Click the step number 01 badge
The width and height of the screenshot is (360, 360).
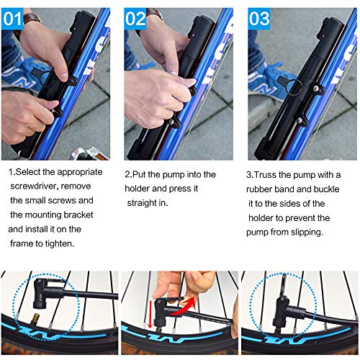[x=12, y=19]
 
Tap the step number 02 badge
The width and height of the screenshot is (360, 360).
[x=135, y=19]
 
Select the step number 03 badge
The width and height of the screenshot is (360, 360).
[x=259, y=19]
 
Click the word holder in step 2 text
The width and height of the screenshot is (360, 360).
[x=137, y=189]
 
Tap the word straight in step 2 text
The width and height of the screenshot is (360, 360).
[x=142, y=203]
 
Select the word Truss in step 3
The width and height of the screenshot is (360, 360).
[x=265, y=175]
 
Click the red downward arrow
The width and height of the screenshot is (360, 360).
[x=150, y=315]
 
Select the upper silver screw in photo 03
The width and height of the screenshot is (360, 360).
[x=317, y=89]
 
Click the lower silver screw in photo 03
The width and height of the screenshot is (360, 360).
[x=300, y=120]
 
